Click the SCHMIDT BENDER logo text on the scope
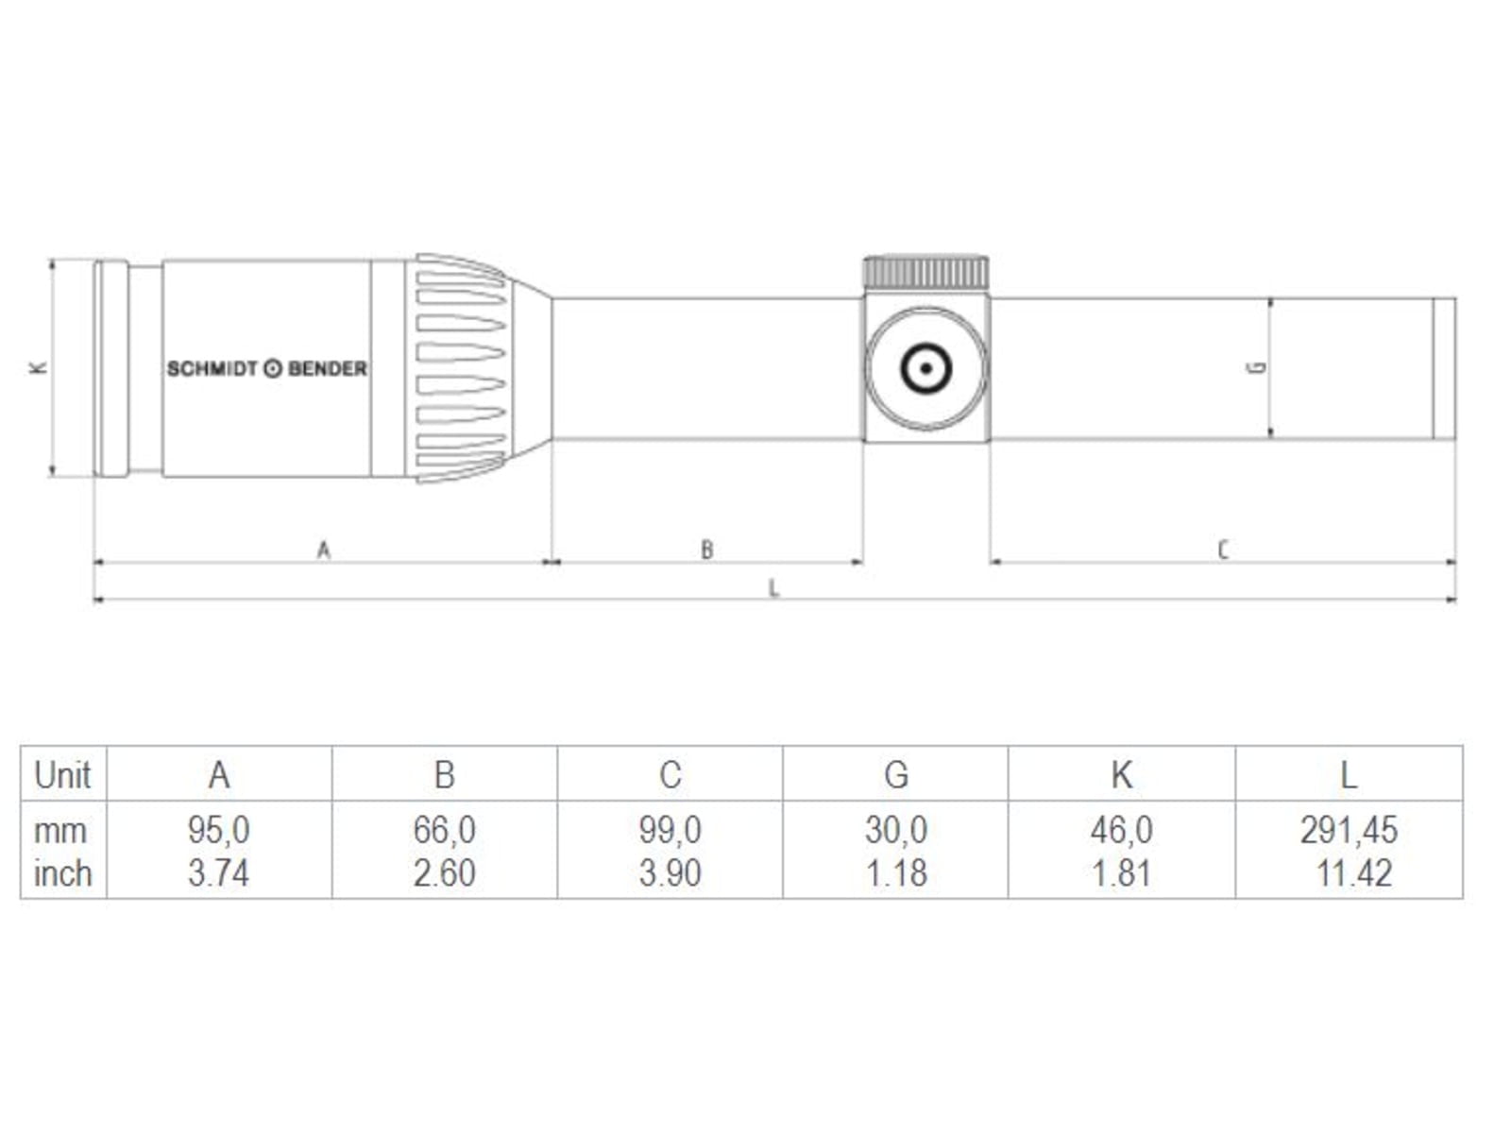point(267,369)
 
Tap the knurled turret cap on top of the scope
point(925,273)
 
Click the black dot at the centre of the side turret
point(925,369)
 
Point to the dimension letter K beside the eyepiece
point(38,367)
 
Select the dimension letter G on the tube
point(1256,367)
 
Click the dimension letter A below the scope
point(324,550)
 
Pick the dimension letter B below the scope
point(707,550)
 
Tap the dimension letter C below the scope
point(1223,550)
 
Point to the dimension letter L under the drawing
point(773,588)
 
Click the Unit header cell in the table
point(62,775)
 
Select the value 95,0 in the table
point(219,830)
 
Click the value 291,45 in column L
point(1349,830)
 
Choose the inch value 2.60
point(444,873)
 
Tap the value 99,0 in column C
point(670,830)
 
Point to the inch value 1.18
point(895,873)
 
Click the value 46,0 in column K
point(1121,830)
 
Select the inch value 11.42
point(1354,873)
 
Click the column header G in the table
point(896,775)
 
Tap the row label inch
point(62,873)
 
